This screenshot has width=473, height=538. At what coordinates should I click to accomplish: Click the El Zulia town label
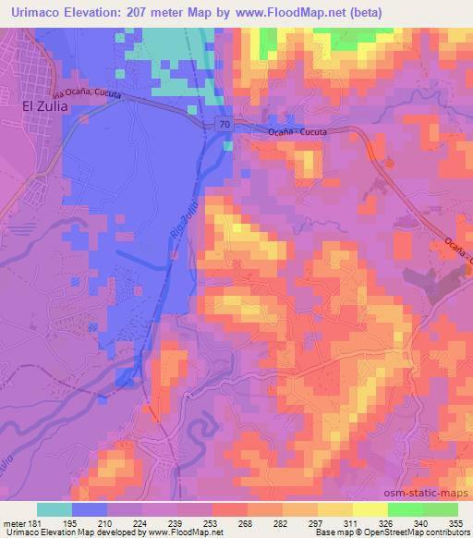pos(40,106)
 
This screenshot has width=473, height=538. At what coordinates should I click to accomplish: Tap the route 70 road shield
pos(225,124)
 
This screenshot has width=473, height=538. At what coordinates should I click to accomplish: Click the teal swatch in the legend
pos(55,509)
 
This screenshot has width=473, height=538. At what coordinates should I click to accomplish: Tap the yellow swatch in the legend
pos(370,509)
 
